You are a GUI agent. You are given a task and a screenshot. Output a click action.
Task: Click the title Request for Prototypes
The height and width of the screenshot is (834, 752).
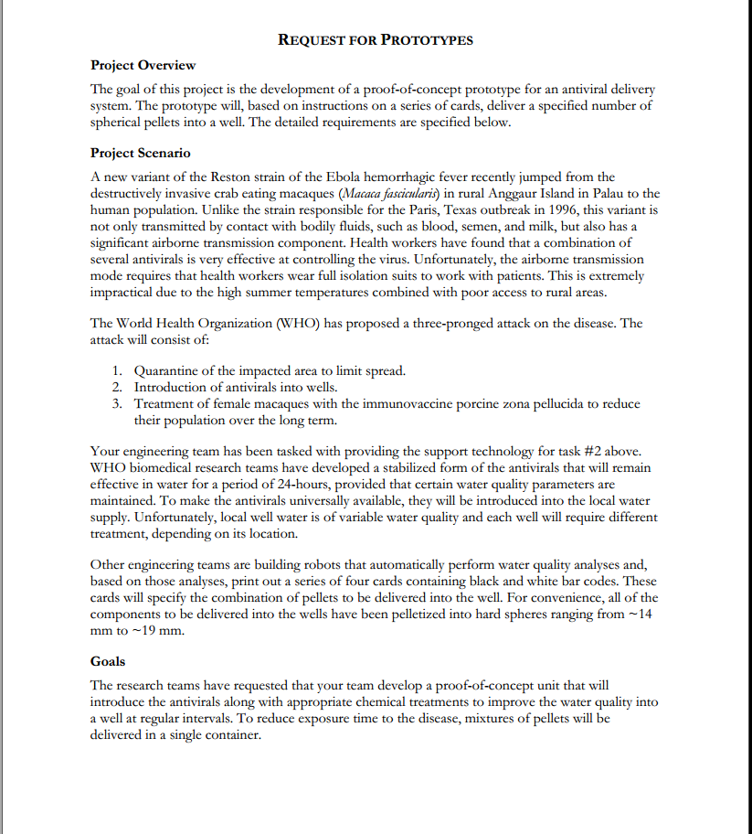click(375, 40)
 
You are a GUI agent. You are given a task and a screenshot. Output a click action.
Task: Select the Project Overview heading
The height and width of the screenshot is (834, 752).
click(143, 65)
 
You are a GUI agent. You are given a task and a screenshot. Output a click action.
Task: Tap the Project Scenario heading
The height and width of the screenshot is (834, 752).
click(141, 153)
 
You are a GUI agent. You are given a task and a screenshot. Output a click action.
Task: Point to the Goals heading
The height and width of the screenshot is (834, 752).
click(108, 661)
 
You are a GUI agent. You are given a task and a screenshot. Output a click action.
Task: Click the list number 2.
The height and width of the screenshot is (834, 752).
click(118, 388)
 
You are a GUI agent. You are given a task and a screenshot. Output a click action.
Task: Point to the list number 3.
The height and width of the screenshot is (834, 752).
click(118, 403)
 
